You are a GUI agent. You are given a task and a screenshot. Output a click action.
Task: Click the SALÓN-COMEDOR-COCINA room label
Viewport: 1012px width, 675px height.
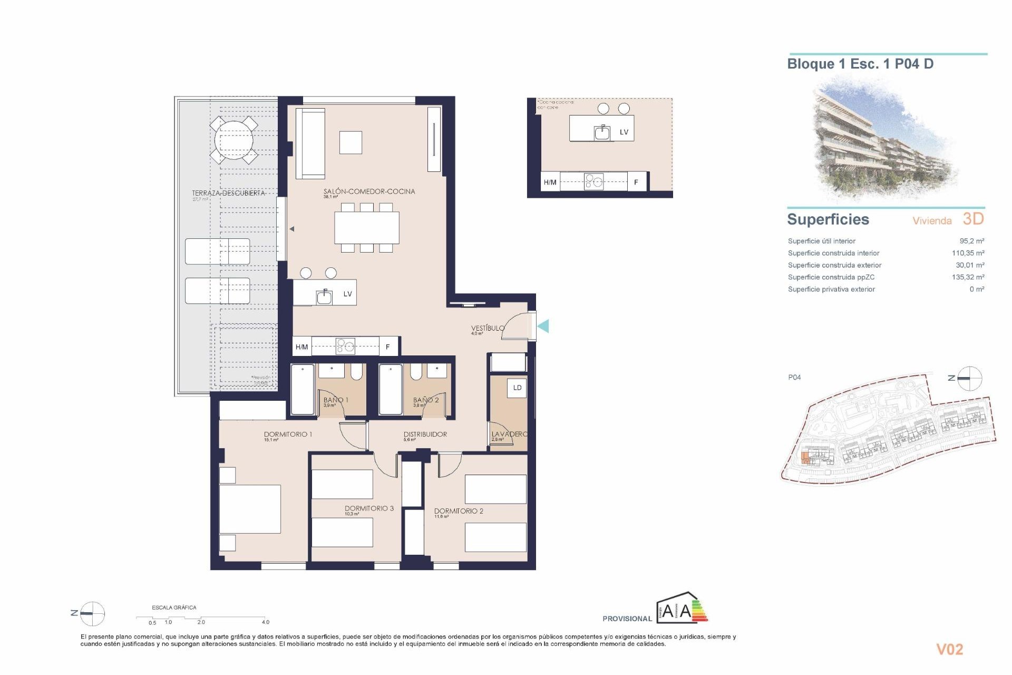coord(369,191)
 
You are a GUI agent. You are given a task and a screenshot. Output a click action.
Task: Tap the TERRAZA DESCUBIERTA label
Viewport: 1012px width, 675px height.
coord(228,193)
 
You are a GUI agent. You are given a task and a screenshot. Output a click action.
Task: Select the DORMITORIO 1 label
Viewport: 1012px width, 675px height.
coord(288,434)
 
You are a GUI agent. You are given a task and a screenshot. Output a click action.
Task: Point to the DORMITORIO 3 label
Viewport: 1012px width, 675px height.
coord(369,508)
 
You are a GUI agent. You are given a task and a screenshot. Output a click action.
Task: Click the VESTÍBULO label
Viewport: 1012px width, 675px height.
coord(488,328)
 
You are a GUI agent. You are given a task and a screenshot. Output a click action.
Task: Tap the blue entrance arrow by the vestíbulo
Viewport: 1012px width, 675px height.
coord(543,326)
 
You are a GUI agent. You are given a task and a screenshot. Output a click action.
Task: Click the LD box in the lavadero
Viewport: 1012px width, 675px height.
coord(517,388)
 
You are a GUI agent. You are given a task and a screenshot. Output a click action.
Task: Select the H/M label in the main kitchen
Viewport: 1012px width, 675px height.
coord(301,347)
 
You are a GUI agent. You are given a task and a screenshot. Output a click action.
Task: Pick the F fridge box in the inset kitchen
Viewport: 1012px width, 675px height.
coord(636,182)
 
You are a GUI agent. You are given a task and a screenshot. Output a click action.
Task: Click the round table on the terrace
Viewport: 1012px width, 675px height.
coord(233,140)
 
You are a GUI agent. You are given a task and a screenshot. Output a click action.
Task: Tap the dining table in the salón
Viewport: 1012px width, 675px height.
coord(366,228)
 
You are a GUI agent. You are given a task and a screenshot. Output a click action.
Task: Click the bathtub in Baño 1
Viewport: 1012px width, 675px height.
coord(303,390)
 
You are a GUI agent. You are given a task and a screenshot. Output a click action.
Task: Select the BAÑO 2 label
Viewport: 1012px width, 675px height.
coord(426,400)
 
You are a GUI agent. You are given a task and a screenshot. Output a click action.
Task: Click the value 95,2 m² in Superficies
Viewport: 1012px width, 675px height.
coord(971,241)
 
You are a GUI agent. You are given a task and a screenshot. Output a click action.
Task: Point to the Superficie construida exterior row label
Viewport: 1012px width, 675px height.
coord(834,265)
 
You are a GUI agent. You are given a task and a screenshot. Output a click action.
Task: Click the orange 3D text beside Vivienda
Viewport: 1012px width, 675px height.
coord(973,219)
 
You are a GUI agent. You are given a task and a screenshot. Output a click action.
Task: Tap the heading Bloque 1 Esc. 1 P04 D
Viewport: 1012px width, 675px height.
coord(860,64)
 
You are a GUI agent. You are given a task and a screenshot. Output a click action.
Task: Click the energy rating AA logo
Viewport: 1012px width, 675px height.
coord(682,610)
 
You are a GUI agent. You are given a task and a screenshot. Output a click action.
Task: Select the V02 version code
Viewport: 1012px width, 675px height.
coord(949,649)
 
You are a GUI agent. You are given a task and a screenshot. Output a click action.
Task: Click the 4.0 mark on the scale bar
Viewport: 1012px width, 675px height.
coord(266,622)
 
